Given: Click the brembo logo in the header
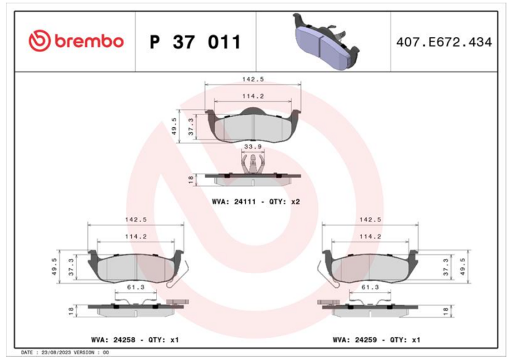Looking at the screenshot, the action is pyautogui.click(x=76, y=41).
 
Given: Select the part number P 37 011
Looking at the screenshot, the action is pyautogui.click(x=195, y=42).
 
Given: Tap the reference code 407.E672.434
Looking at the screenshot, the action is pyautogui.click(x=443, y=42).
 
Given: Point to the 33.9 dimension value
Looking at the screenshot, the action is pyautogui.click(x=253, y=147).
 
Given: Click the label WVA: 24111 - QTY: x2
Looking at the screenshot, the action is pyautogui.click(x=256, y=202).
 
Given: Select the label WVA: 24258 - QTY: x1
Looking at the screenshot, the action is pyautogui.click(x=135, y=340).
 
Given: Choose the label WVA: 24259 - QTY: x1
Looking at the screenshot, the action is pyautogui.click(x=377, y=340).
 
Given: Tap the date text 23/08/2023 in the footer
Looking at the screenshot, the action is pyautogui.click(x=56, y=352).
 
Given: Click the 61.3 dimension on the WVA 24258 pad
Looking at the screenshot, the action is pyautogui.click(x=136, y=287).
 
